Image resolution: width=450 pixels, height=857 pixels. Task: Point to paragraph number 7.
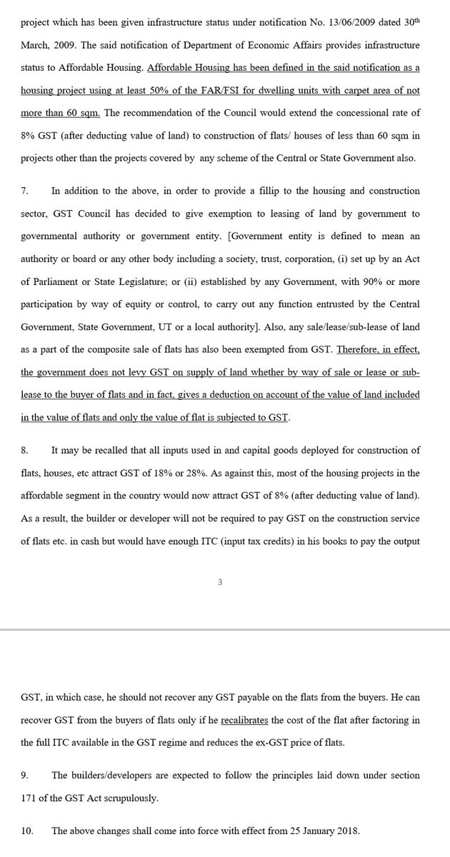23,192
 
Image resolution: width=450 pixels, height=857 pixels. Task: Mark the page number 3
220,583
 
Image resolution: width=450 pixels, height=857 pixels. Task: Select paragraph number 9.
23,775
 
